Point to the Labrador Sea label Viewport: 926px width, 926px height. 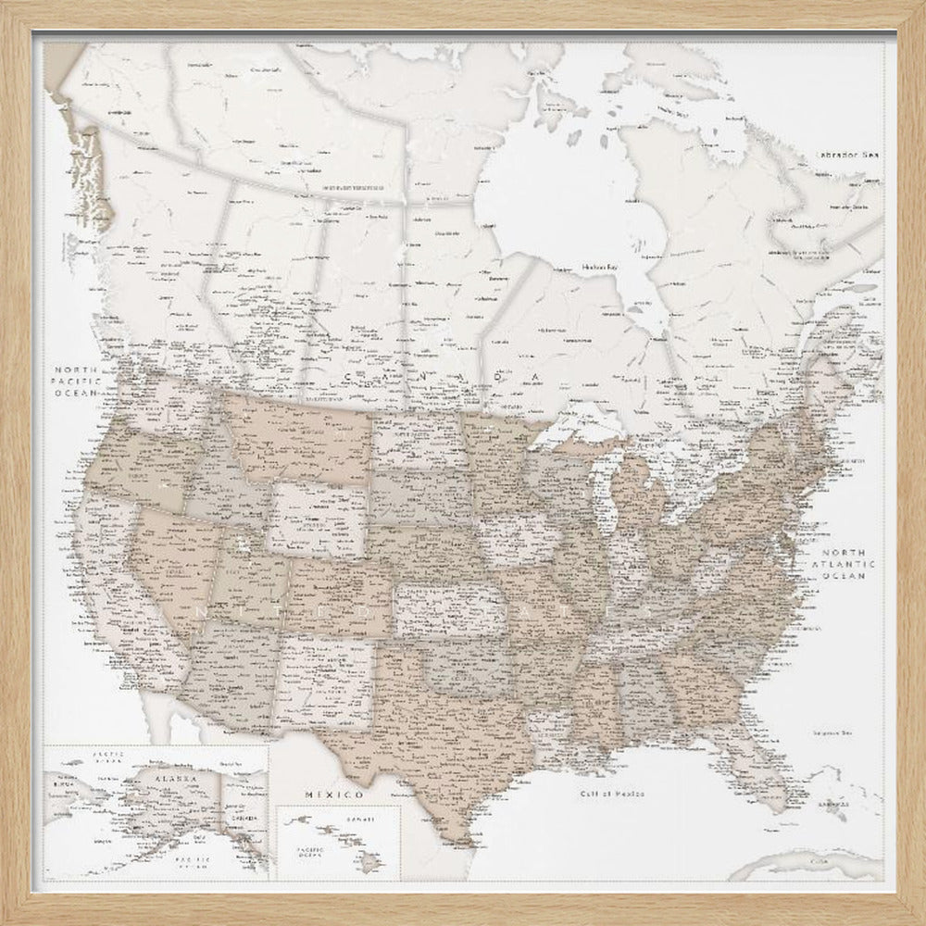(x=845, y=155)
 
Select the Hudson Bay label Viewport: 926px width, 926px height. (x=600, y=268)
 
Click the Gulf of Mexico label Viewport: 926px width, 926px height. (x=612, y=795)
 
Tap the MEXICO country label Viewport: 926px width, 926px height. (x=332, y=795)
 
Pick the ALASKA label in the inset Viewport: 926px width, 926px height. (x=174, y=780)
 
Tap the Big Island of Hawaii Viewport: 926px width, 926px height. (x=370, y=861)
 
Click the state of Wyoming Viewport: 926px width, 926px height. (x=316, y=515)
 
